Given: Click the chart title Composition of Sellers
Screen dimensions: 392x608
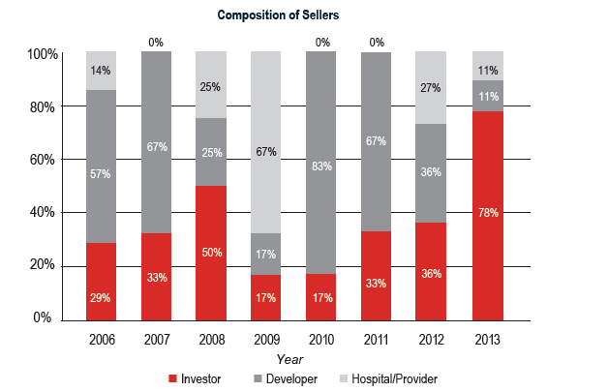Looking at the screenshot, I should pyautogui.click(x=278, y=15).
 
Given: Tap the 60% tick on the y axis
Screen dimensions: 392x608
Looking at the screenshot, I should pyautogui.click(x=44, y=160).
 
